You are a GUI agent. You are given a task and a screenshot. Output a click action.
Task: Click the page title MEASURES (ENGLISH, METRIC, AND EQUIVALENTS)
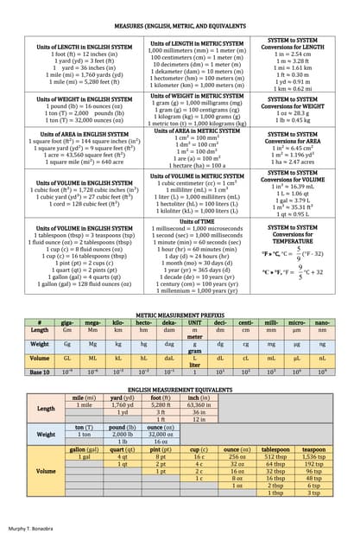179,28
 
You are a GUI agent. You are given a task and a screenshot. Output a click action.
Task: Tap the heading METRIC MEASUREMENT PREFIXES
180,315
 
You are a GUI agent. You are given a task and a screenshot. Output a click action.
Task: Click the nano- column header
322,322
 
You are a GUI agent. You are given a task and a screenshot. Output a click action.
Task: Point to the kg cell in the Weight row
118,344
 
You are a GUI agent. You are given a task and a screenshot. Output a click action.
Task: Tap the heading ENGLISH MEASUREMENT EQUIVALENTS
180,391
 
